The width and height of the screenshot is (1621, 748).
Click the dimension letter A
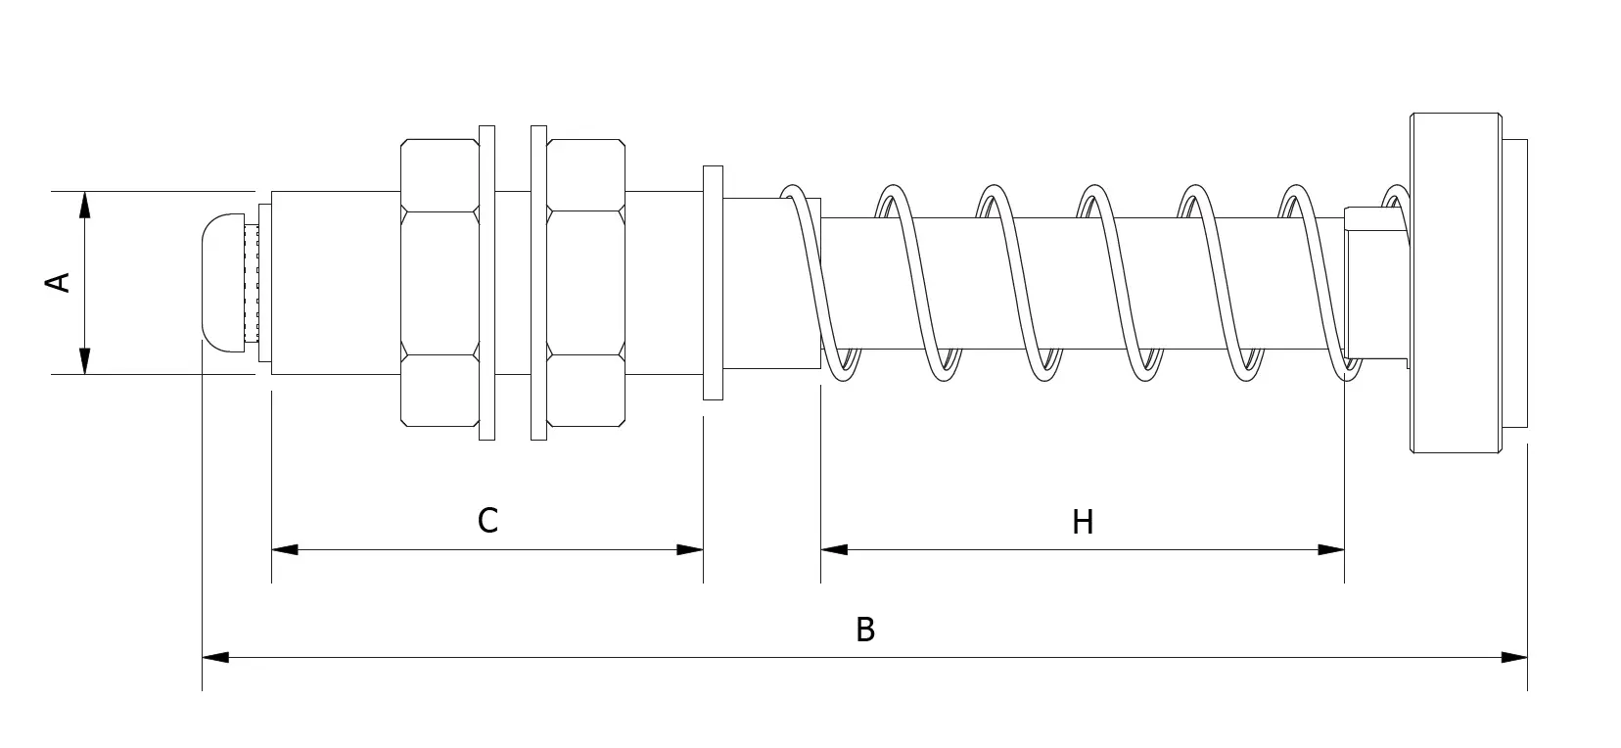coord(58,282)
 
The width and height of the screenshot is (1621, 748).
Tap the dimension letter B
coord(865,630)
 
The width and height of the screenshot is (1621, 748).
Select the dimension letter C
coord(487,520)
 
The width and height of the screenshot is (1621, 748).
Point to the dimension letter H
coord(1083,522)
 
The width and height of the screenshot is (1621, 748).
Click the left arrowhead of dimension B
coord(215,658)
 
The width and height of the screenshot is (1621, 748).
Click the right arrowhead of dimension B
coord(1514,658)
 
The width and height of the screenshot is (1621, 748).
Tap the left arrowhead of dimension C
coord(285,549)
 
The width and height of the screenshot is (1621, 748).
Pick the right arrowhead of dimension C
coord(690,549)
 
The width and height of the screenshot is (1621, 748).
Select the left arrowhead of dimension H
coord(834,549)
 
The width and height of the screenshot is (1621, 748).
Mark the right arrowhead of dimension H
coord(1331,549)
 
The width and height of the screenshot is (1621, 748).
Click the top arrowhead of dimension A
coord(84,205)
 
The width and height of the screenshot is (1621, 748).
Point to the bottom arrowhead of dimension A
coord(84,361)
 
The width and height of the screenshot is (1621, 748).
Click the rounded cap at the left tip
coord(223,282)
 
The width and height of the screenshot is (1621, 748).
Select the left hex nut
coord(440,282)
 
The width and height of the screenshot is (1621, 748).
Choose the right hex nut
coord(585,282)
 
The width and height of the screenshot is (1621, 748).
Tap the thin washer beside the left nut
coord(487,282)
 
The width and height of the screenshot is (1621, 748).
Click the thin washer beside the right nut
coord(538,282)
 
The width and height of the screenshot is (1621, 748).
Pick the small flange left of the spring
coord(713,282)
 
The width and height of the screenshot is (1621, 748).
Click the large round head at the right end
coord(1456,282)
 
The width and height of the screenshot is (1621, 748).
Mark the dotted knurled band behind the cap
coord(252,282)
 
